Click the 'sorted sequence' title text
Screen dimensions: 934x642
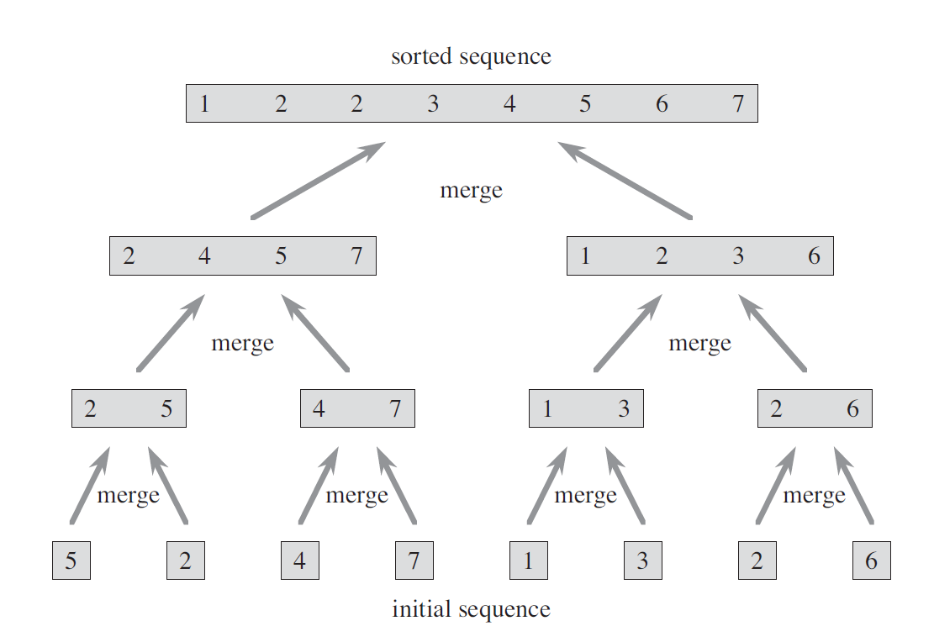471,56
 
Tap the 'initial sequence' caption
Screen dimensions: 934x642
471,609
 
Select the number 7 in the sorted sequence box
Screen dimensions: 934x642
738,103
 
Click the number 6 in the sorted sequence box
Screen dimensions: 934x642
662,103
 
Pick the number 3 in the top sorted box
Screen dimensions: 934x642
433,103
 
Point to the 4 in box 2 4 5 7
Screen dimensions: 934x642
204,256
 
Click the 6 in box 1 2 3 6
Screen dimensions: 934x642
815,256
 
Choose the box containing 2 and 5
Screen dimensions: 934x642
129,408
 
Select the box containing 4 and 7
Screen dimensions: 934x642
357,408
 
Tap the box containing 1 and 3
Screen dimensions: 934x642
586,408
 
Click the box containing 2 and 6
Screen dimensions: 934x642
815,408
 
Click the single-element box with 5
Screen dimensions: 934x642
71,560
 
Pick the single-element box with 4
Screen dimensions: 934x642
300,560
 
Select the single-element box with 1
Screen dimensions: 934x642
529,560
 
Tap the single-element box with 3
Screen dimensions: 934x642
643,560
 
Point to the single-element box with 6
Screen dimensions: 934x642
872,560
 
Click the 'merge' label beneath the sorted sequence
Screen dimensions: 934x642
471,191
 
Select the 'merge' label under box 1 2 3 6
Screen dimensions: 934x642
700,344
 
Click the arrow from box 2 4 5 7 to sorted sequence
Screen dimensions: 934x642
319,181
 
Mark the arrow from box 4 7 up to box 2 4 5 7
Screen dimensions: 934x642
315,333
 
